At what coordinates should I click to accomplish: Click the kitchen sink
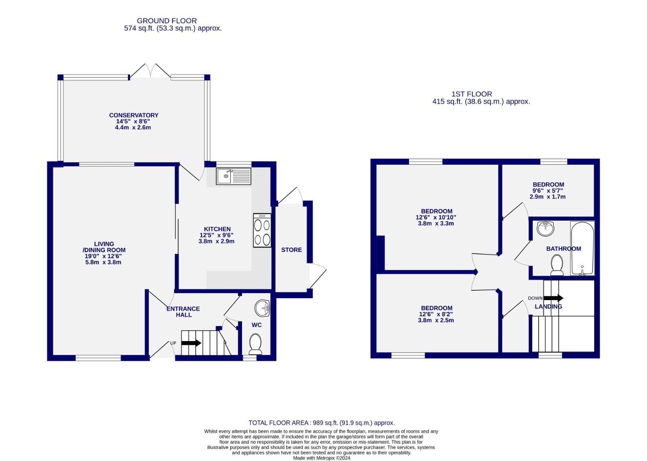[x=234, y=176]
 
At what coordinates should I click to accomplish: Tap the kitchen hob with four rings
[x=262, y=230]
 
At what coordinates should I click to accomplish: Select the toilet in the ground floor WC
[x=255, y=344]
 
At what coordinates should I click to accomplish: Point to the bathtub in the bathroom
[x=582, y=248]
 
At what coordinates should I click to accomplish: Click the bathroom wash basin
[x=546, y=228]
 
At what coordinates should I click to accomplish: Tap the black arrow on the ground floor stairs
[x=191, y=343]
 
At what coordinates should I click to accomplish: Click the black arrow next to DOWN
[x=553, y=298]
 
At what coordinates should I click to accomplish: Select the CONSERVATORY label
[x=133, y=115]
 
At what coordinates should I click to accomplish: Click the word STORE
[x=292, y=250]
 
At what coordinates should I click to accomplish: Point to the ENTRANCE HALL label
[x=183, y=312]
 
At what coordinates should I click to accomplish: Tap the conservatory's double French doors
[x=150, y=71]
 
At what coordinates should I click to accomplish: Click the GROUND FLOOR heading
[x=167, y=20]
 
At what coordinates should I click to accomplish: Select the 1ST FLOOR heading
[x=472, y=94]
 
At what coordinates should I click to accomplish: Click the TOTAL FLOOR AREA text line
[x=322, y=423]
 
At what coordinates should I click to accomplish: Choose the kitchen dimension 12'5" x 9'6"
[x=217, y=235]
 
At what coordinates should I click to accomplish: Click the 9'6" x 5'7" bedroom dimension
[x=548, y=191]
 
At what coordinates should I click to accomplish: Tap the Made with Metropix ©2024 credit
[x=321, y=458]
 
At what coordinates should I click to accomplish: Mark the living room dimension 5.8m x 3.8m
[x=104, y=262]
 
